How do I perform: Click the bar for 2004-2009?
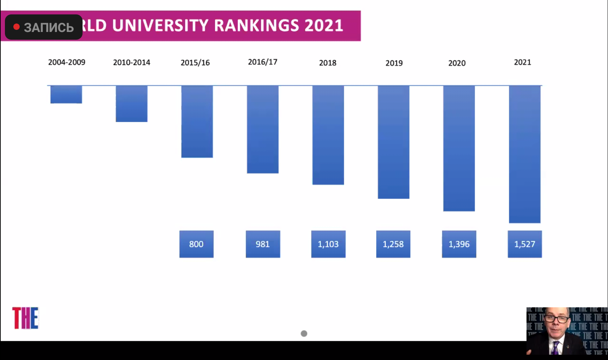pos(66,94)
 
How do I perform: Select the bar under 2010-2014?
pos(132,104)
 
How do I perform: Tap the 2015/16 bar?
pos(197,122)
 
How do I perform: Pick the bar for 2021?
pos(525,154)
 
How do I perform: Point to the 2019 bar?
pos(393,142)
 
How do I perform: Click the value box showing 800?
pos(196,244)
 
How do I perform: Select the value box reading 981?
pos(263,244)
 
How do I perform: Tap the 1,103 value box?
pos(328,244)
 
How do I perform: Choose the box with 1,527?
pos(525,244)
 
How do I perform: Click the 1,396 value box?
pos(459,244)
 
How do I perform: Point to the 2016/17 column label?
pos(263,62)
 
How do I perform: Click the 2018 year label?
pos(328,63)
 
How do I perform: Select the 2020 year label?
pos(457,63)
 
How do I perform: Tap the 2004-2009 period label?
pos(67,62)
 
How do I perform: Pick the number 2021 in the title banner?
pos(324,26)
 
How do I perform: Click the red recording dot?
pos(16,27)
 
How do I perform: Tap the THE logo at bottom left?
pos(25,318)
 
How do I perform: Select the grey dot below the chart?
pos(304,333)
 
